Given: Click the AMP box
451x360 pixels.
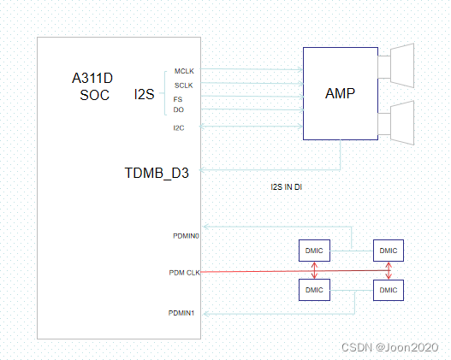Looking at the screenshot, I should [x=340, y=92].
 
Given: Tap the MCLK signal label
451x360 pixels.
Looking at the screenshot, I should [x=184, y=70].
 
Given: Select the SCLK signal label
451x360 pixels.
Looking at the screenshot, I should [x=183, y=85].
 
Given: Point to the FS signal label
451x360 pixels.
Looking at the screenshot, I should [x=178, y=99].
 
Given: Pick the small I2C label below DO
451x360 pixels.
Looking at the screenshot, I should [x=179, y=127].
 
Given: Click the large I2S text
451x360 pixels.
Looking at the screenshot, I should [x=144, y=93].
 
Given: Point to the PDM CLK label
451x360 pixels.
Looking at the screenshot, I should [x=184, y=273].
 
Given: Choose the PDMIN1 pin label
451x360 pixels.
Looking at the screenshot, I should [x=182, y=313].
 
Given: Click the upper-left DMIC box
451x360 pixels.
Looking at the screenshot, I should [x=313, y=251].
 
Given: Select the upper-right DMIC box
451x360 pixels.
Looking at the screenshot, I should [x=388, y=251].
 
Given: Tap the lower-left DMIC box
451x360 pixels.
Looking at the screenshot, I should [x=313, y=290].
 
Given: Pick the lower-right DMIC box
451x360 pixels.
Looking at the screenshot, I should [x=388, y=290].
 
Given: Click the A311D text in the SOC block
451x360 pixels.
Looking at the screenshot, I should [x=92, y=79].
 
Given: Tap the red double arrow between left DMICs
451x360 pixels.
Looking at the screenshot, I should [x=314, y=270].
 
